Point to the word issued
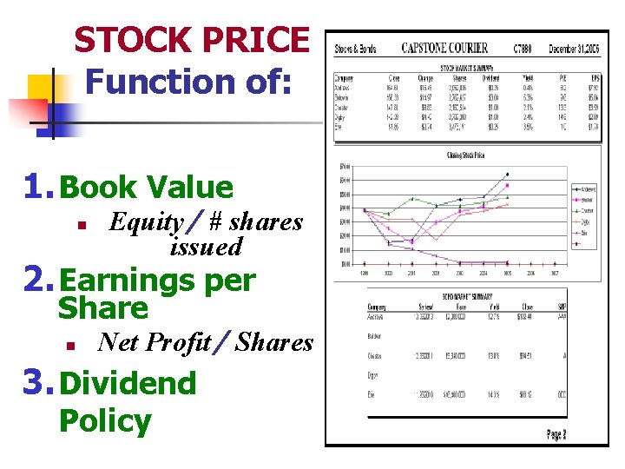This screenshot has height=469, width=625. tap(206, 247)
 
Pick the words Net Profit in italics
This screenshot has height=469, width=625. tap(155, 342)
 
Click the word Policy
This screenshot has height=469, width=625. tap(104, 421)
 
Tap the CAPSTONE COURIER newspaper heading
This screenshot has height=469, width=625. tap(444, 48)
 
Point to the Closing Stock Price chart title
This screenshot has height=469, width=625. tap(466, 156)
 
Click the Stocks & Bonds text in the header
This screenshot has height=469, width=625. tap(355, 49)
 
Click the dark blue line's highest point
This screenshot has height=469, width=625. tap(507, 174)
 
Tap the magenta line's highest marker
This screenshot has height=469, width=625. tap(507, 185)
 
